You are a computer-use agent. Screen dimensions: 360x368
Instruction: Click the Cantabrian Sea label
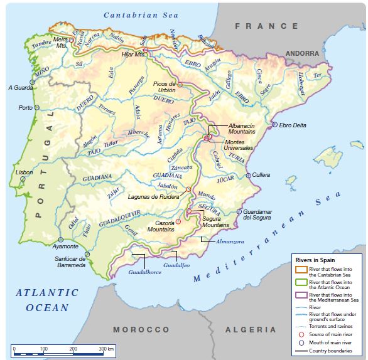[x=141, y=15]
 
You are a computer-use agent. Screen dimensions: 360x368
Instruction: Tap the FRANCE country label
[x=266, y=26]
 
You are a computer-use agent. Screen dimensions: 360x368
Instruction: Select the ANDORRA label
[x=302, y=54]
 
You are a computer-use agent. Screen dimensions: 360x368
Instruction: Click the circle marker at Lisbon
[x=23, y=179]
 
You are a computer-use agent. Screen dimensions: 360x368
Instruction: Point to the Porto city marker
[x=36, y=108]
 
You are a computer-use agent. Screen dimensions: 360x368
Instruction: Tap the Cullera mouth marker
[x=249, y=175]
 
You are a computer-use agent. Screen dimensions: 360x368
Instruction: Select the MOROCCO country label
[x=141, y=329]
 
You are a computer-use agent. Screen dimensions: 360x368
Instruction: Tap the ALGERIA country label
[x=251, y=329]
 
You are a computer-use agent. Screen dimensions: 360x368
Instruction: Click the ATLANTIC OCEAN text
[x=48, y=300]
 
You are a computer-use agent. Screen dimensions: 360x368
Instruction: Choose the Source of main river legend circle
[x=301, y=335]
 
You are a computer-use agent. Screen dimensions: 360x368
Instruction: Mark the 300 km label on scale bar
[x=106, y=347]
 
